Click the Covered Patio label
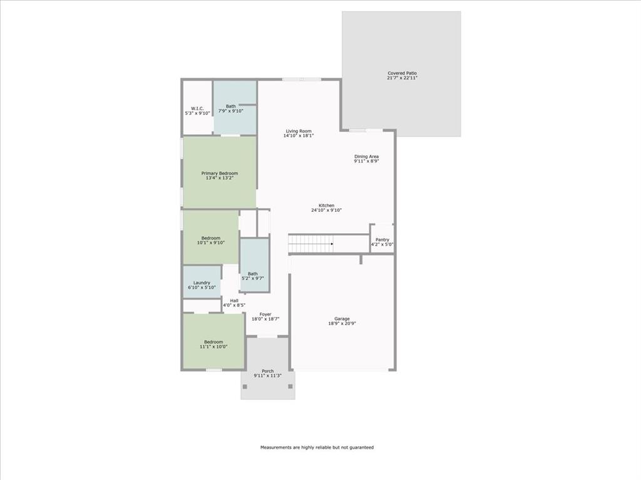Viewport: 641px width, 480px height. [401, 76]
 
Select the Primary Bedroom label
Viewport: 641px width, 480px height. [219, 176]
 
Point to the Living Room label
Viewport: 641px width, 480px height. [298, 133]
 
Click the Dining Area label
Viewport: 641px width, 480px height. [366, 159]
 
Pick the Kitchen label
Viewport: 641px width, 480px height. [326, 207]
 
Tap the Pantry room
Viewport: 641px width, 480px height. [382, 241]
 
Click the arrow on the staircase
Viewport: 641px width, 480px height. [332, 244]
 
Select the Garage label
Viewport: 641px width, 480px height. [341, 321]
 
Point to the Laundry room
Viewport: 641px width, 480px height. [202, 284]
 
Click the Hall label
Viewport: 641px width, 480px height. [233, 302]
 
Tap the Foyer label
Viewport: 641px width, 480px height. [265, 316]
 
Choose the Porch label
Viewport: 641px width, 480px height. [267, 374]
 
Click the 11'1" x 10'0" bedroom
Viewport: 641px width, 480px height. [213, 344]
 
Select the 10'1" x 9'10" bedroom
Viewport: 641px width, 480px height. [210, 240]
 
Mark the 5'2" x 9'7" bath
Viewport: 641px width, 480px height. [252, 275]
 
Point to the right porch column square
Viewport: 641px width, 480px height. [290, 386]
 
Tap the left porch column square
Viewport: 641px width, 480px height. [245, 386]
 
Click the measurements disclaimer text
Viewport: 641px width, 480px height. [317, 447]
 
